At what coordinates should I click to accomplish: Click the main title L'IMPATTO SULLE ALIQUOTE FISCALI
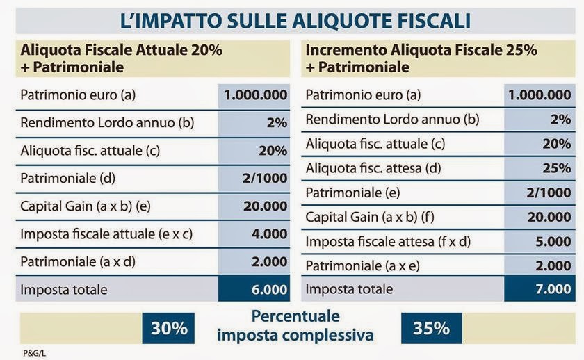(295, 19)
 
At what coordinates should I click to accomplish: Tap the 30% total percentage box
(170, 328)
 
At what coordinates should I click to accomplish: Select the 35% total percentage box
(432, 328)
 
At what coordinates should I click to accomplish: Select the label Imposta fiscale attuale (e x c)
(106, 234)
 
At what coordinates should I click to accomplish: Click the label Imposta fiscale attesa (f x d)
(388, 242)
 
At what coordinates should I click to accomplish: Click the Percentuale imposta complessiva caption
(295, 326)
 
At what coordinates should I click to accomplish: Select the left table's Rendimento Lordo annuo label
(106, 123)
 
